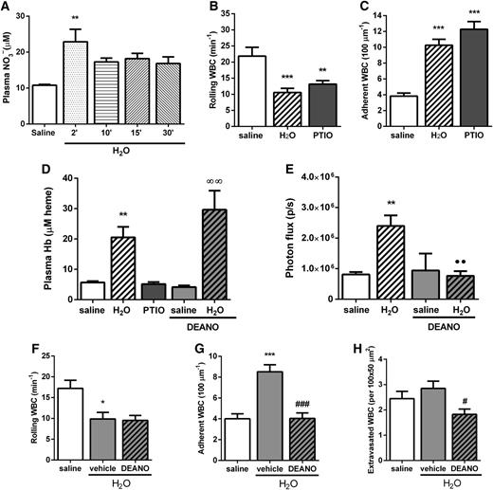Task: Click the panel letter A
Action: click(8, 8)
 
